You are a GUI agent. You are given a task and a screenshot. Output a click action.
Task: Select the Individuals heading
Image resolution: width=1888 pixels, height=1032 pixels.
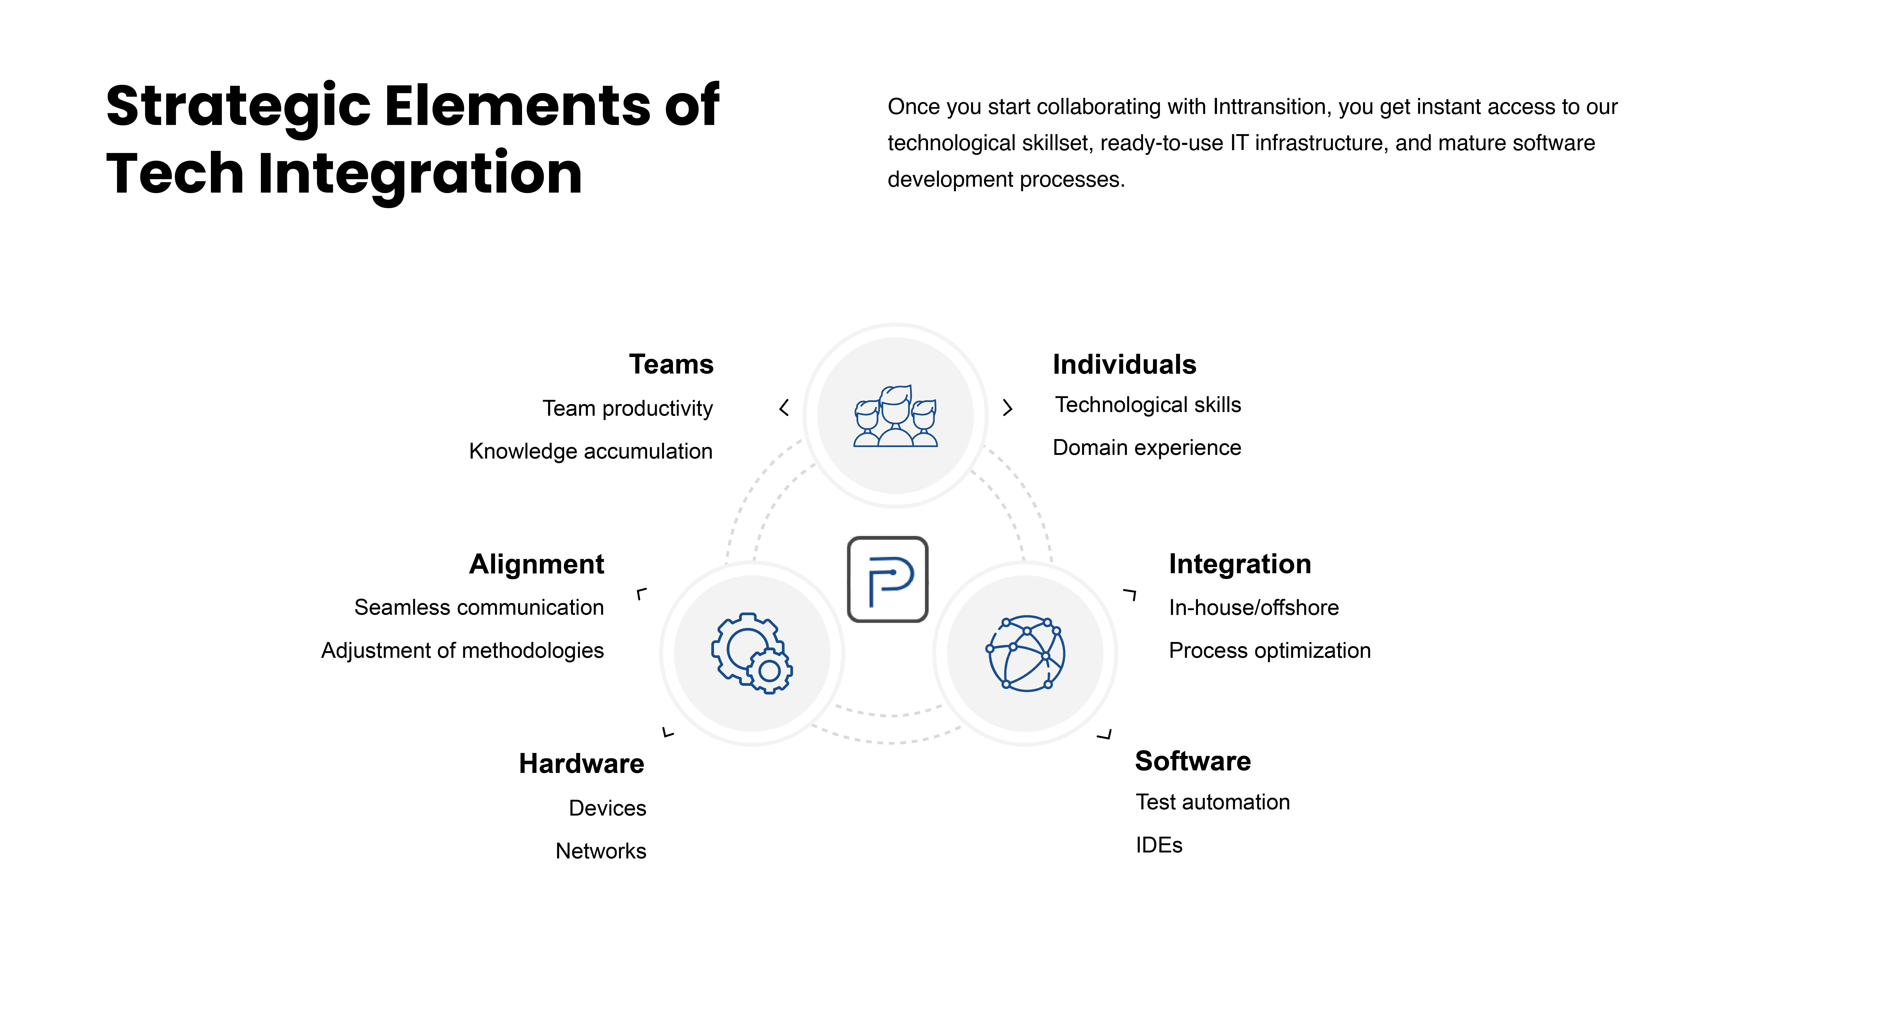(1124, 364)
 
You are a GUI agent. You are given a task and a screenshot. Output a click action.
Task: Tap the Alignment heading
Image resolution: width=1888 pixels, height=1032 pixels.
(536, 564)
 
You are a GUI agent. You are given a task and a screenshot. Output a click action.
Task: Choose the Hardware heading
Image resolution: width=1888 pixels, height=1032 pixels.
(581, 764)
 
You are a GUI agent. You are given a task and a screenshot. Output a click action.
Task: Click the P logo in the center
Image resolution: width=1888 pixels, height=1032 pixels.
(888, 579)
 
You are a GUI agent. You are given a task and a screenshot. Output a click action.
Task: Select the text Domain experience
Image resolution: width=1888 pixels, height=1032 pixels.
(1147, 448)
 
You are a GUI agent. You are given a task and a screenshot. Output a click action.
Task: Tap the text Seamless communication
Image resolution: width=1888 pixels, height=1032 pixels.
(479, 608)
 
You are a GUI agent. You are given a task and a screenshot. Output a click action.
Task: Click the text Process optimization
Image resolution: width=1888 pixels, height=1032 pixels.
(1270, 651)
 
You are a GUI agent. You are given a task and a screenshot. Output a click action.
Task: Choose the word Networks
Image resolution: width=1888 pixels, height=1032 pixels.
(601, 851)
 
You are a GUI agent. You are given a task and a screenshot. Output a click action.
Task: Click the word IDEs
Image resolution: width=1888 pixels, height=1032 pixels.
(1159, 845)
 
